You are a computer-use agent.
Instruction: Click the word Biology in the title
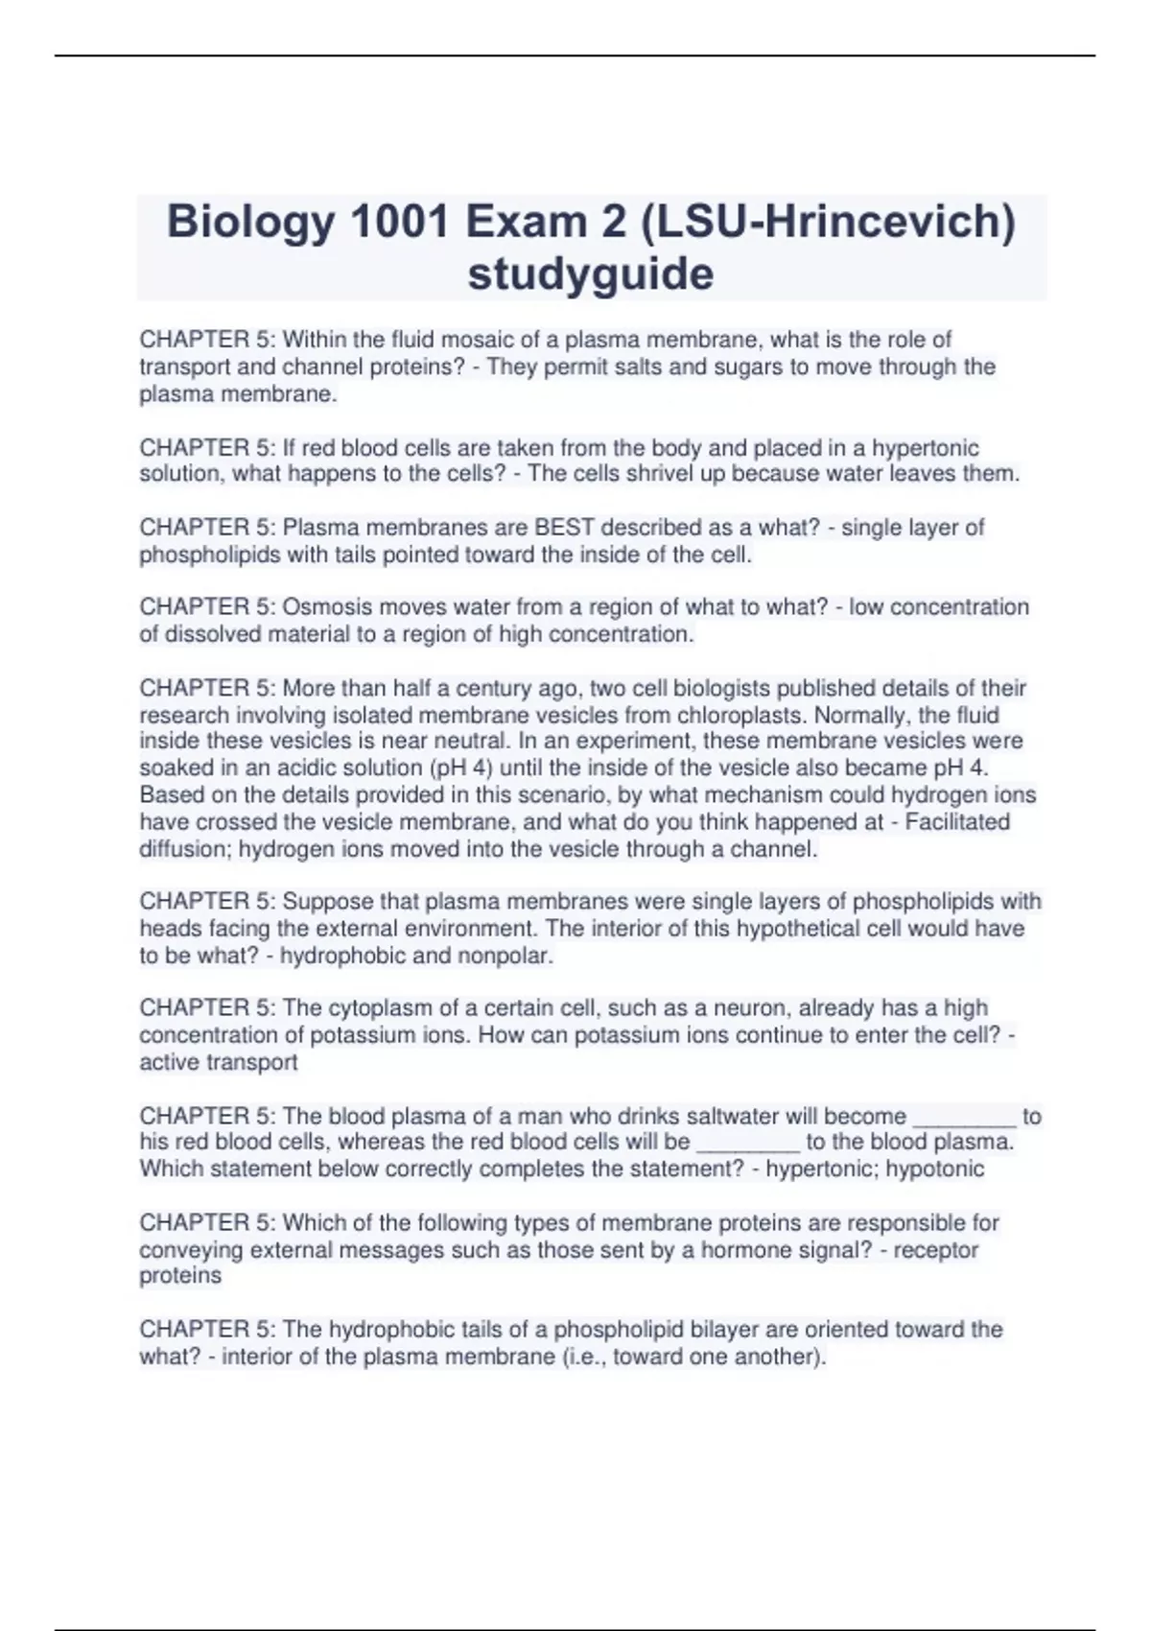pos(251,223)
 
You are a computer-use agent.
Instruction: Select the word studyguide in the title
pos(591,274)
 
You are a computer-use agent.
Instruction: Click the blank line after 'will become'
pos(964,1118)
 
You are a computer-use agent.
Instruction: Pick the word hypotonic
pos(934,1170)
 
